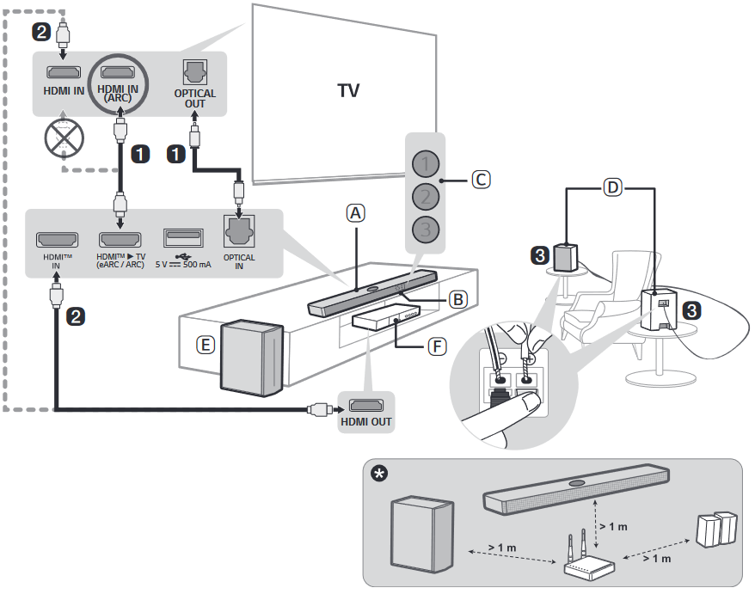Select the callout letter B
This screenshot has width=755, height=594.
(458, 299)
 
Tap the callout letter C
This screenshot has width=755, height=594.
(481, 180)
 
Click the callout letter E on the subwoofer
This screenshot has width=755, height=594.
(205, 345)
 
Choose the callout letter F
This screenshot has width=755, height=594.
(438, 346)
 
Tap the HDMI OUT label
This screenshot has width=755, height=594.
(365, 421)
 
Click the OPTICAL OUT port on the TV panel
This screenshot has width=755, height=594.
(195, 73)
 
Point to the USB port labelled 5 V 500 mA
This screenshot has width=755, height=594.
(184, 238)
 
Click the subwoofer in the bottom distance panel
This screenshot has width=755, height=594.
(422, 533)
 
